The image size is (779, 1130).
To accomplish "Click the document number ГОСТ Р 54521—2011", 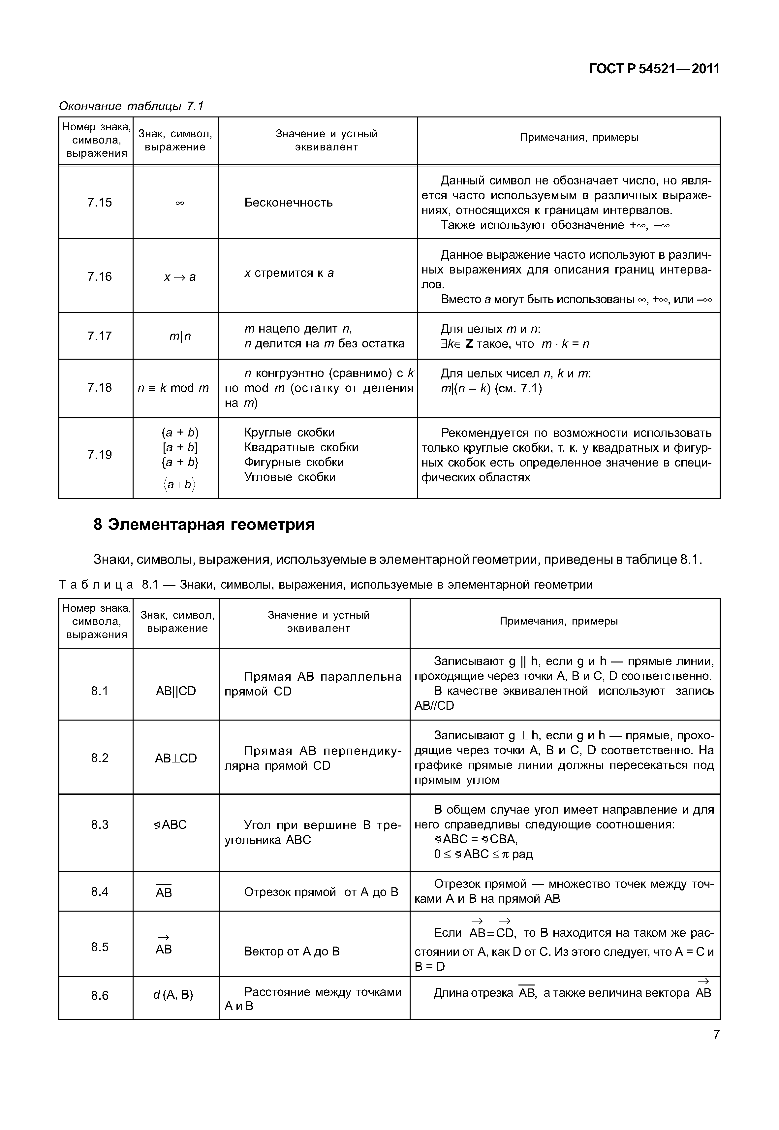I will [654, 69].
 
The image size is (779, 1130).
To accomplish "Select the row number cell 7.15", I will [100, 202].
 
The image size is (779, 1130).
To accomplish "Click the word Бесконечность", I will [289, 203].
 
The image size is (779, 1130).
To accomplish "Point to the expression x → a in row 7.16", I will [180, 277].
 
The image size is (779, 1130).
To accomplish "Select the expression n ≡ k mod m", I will [173, 388].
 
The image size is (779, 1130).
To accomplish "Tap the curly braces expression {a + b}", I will [180, 462].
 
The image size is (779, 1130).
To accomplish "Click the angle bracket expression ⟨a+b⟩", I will [180, 484].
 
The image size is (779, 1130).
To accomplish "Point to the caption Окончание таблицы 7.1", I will [131, 106].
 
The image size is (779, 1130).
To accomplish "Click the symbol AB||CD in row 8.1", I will [176, 691].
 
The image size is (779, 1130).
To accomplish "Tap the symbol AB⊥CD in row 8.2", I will [176, 758].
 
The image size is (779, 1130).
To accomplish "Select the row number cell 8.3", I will [100, 824].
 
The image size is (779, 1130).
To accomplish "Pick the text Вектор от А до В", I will [292, 951].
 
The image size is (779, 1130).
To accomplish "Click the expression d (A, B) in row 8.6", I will [173, 995].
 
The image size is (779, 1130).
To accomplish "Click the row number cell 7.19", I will [100, 455].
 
